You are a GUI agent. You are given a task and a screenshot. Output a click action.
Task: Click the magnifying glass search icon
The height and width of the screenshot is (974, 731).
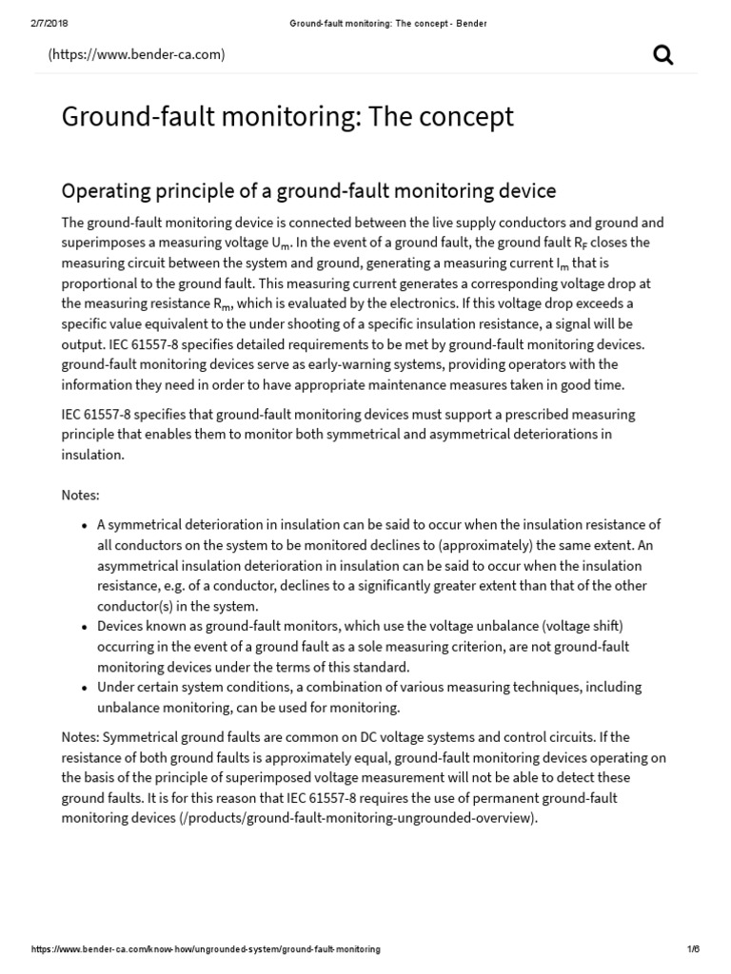(663, 55)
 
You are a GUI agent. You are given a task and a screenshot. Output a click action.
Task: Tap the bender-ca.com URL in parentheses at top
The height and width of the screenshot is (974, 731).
(137, 54)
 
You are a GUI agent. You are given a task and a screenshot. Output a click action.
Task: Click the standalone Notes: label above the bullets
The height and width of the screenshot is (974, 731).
(80, 496)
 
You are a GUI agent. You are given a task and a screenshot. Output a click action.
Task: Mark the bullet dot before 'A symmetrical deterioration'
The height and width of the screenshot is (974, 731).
(85, 525)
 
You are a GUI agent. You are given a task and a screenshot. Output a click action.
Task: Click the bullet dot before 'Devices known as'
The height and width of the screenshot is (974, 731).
(85, 627)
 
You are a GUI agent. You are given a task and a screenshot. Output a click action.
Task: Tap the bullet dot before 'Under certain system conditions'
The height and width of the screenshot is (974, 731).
(85, 688)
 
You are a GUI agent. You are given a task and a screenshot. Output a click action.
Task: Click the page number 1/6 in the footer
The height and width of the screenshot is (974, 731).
(693, 949)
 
